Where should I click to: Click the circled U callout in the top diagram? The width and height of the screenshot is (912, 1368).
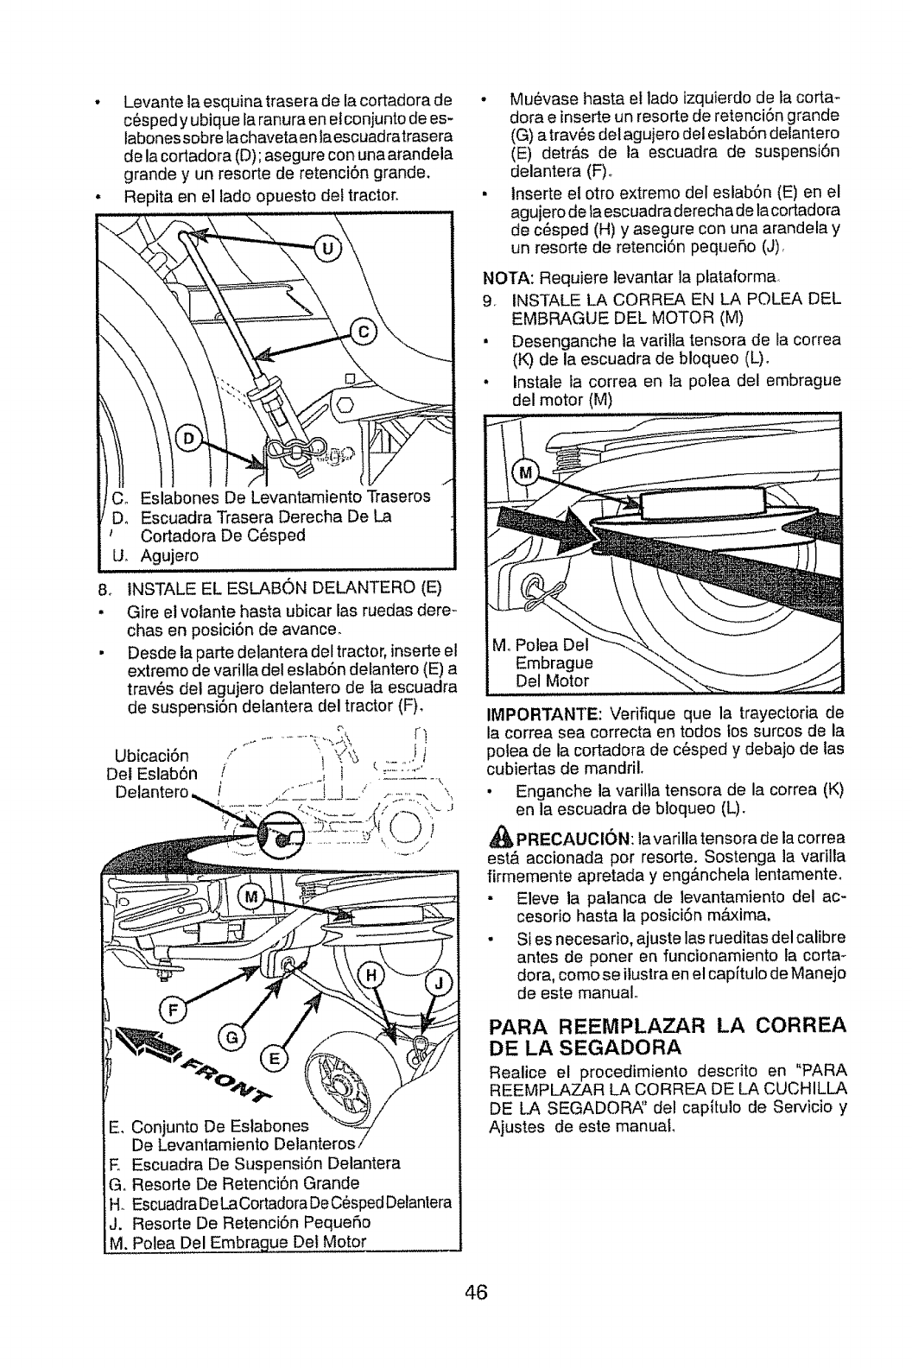coord(326,250)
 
